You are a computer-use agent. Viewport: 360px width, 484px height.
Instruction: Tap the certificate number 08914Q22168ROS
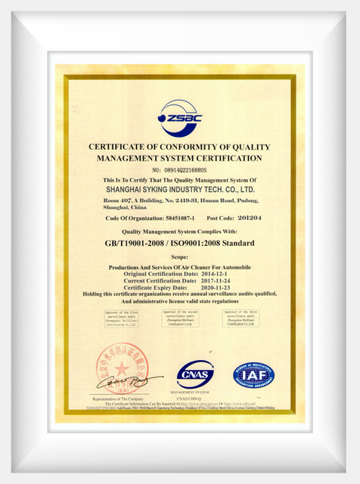coord(179,170)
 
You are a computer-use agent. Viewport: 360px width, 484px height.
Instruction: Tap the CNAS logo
coord(195,374)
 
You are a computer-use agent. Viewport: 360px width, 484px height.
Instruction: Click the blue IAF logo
coord(254,374)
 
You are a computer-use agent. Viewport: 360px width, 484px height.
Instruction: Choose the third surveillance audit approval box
coord(241,318)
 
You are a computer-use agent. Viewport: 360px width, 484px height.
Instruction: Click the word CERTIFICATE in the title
coord(121,147)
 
